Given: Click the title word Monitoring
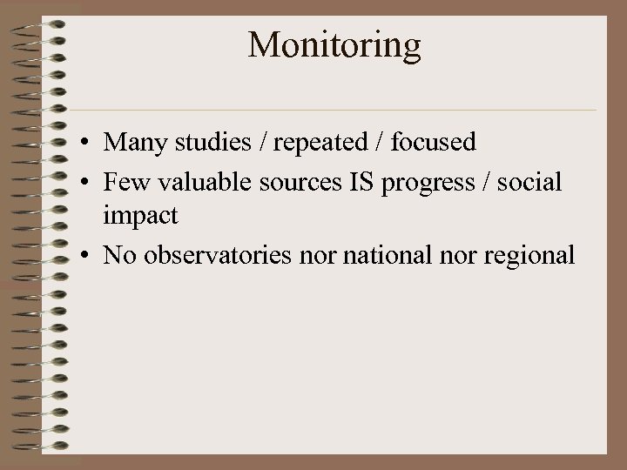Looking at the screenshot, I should (x=334, y=45).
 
